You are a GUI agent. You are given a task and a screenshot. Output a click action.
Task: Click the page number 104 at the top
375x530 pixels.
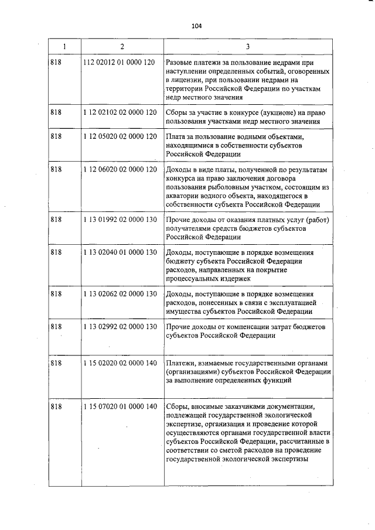(196, 26)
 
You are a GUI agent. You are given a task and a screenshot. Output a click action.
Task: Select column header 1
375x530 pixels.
(64, 46)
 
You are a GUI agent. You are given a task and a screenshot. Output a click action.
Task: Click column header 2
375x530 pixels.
(122, 46)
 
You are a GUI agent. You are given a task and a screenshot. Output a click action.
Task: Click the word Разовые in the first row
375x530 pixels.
(181, 62)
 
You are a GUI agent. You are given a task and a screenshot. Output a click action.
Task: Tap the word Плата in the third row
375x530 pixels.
(177, 136)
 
